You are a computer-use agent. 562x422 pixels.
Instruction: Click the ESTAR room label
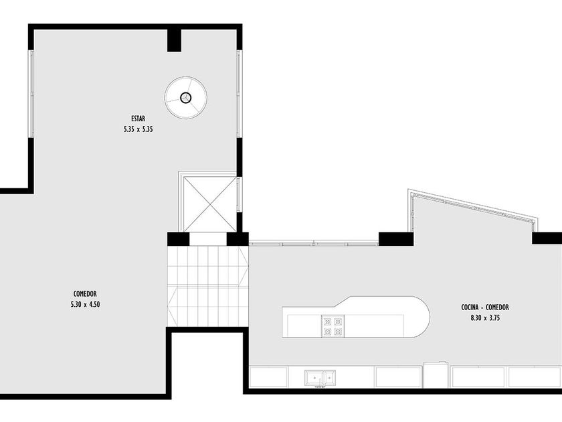138,119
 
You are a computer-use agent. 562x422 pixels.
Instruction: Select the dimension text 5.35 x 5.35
138,129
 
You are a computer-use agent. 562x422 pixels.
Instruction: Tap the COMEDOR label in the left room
86,294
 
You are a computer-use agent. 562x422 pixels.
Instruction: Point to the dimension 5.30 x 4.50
86,304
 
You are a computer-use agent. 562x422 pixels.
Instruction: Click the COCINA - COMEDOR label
485,307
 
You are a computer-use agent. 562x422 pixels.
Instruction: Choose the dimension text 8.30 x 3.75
485,318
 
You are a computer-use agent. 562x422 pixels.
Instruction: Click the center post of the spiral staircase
186,98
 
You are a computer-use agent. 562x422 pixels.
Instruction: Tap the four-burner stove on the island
333,327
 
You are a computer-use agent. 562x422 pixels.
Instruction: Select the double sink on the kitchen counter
320,378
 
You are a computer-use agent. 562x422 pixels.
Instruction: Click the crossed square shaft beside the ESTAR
209,204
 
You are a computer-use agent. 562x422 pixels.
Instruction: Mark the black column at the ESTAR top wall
174,40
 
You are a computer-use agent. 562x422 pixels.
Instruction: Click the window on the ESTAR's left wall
31,94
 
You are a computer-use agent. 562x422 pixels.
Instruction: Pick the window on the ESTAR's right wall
240,94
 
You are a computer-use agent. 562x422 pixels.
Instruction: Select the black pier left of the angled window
396,239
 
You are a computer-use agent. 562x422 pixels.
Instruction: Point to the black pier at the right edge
547,238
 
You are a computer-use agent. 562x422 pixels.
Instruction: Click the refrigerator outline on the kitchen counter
436,374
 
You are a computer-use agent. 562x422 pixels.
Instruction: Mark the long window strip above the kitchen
314,243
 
